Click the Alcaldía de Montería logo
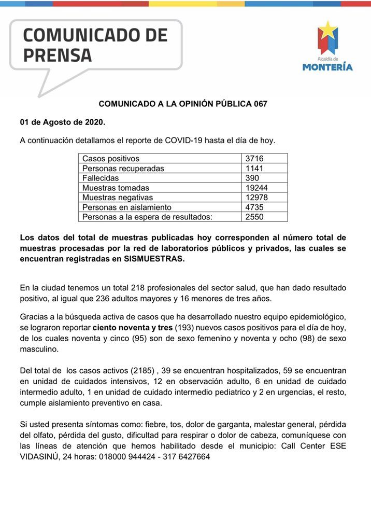(x=327, y=46)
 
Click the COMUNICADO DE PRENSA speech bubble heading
(x=96, y=45)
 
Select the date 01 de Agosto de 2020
(x=62, y=122)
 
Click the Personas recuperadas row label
(x=123, y=169)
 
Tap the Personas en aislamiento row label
(x=127, y=207)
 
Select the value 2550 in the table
(x=256, y=217)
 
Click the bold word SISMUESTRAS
(x=154, y=259)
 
